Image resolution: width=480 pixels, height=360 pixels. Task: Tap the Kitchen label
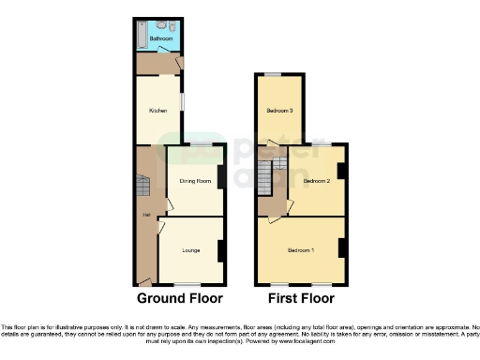157,110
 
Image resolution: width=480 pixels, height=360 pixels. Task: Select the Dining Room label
195,180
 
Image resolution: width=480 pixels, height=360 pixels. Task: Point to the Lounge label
190,250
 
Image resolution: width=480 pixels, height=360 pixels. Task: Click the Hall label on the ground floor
146,216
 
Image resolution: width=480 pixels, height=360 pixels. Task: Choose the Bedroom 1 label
301,250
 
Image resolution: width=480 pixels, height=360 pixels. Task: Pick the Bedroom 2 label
316,180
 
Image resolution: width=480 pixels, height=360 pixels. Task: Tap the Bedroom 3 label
279,111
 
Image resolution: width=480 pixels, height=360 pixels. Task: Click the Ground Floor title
180,299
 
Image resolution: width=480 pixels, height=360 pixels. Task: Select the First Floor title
302,299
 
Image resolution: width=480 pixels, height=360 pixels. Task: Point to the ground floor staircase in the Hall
142,188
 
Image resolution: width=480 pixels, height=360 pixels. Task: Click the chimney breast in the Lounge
221,251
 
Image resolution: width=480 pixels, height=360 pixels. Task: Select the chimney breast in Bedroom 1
343,248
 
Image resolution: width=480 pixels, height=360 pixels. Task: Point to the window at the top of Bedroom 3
272,74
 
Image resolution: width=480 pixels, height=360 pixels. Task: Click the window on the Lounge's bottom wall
190,284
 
